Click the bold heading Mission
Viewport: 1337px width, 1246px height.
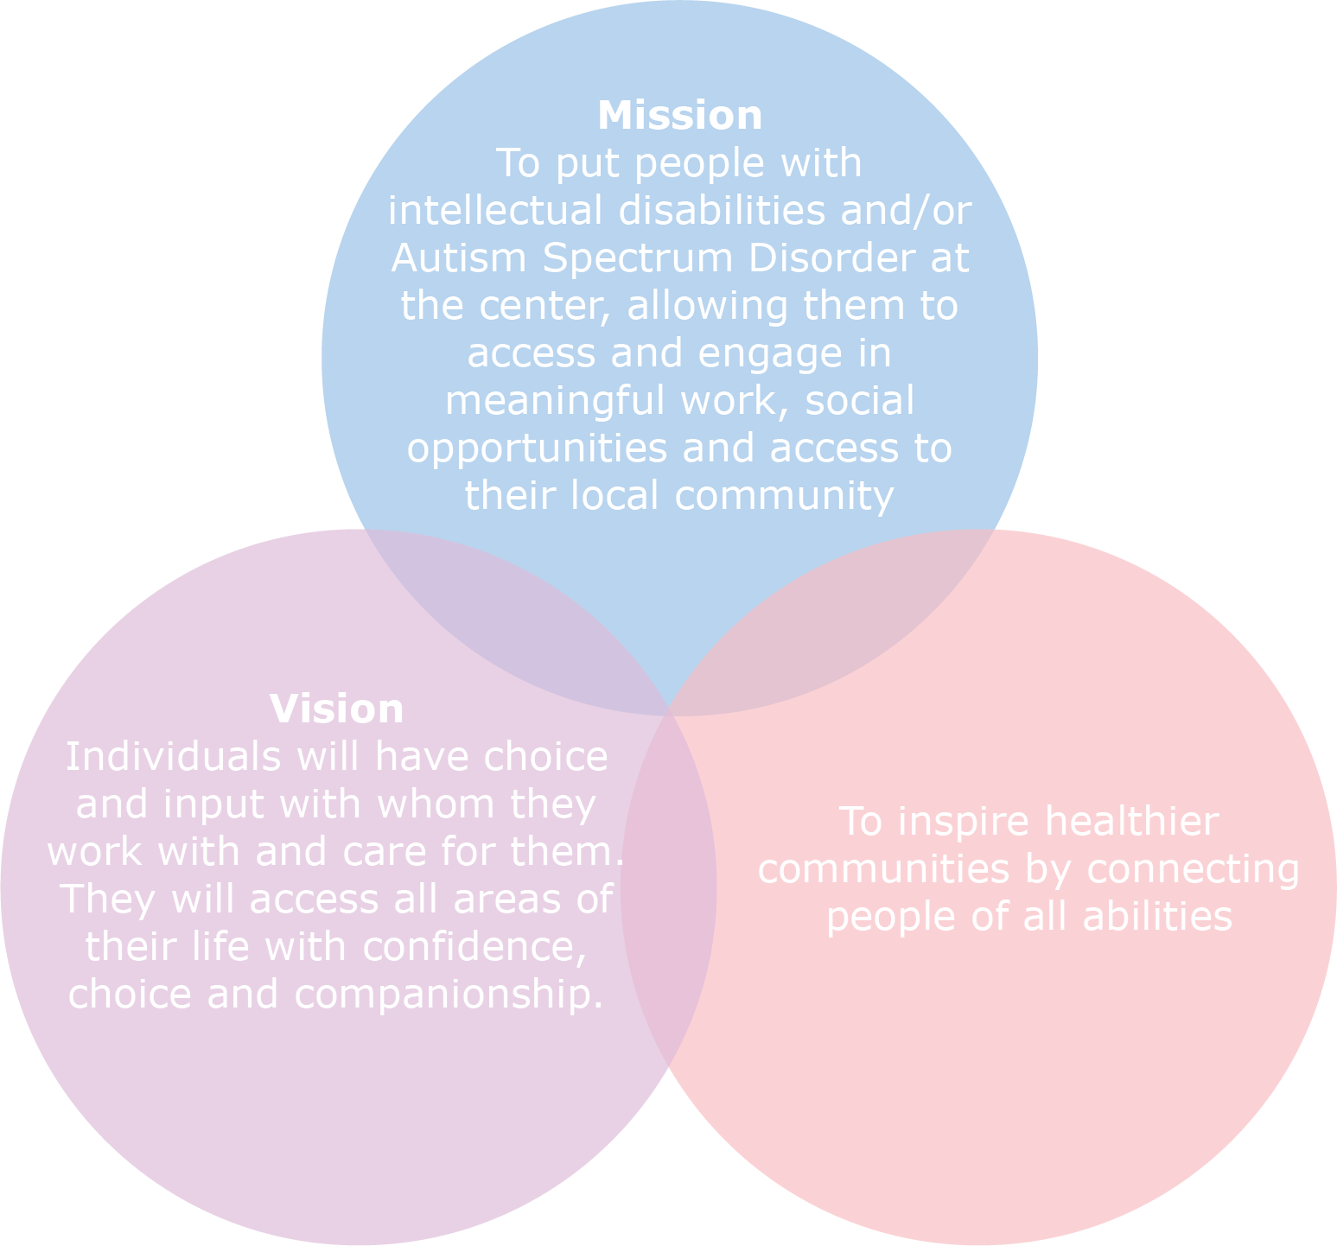pos(679,116)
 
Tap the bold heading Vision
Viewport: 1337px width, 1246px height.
pos(336,709)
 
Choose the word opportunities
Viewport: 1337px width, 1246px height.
pos(537,449)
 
